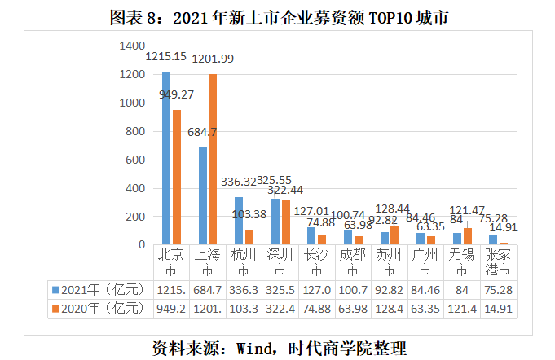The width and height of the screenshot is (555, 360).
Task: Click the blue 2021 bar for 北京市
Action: (166, 159)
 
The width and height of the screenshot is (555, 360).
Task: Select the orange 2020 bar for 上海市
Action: (213, 160)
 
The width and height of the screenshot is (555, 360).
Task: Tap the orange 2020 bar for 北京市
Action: (176, 178)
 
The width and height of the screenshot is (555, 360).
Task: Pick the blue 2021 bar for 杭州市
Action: (238, 221)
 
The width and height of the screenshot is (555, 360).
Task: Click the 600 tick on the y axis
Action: (135, 160)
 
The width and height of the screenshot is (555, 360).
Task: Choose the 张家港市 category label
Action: (497, 261)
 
